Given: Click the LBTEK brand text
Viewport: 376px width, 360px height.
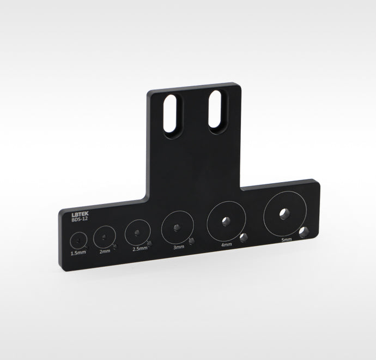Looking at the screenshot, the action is pos(80,214).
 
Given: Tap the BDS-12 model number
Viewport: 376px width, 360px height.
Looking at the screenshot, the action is pos(80,219).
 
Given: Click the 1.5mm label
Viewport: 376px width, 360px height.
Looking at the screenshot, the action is pos(78,253).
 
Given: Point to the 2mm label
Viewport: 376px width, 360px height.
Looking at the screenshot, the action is pos(105,251).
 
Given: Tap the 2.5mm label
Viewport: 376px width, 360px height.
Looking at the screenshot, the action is pos(140,249).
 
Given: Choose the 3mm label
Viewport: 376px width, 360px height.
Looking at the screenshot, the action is pos(179,247).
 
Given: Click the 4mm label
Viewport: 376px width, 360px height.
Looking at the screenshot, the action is pos(226,244).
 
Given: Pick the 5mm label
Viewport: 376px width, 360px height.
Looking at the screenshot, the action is pos(287,239).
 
